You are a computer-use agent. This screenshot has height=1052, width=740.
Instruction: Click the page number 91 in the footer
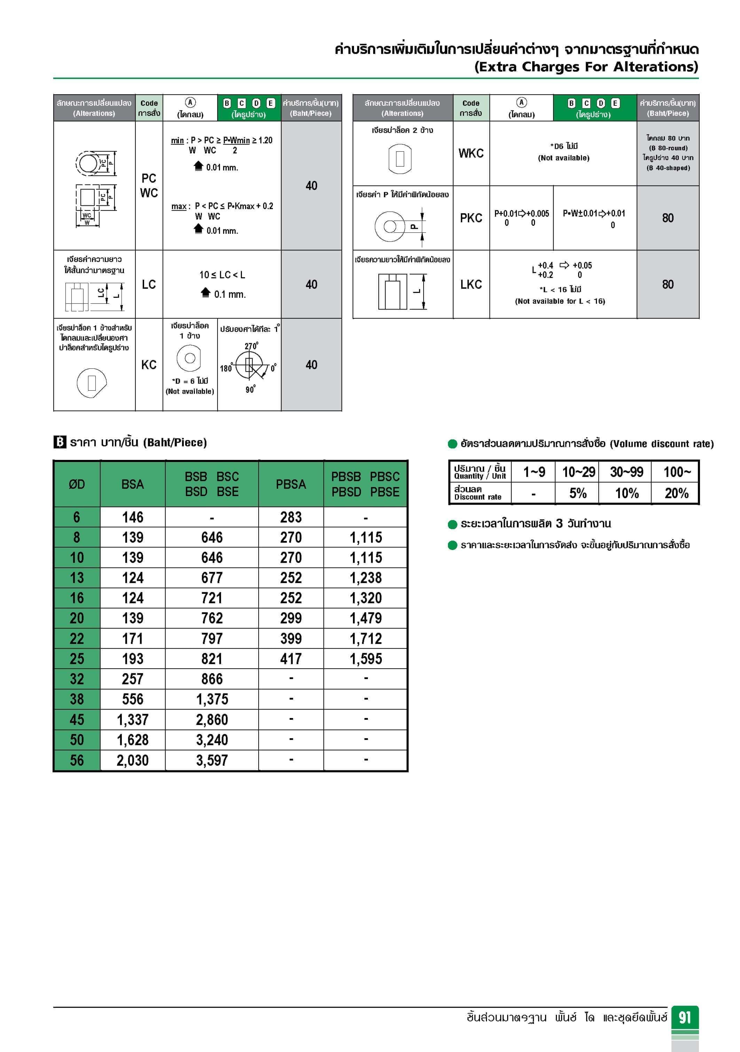[x=685, y=1017]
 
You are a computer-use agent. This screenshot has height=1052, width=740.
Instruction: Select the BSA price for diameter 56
[x=133, y=760]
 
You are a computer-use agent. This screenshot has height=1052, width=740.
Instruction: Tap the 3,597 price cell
[x=212, y=760]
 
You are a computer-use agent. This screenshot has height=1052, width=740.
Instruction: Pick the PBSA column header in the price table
[x=291, y=484]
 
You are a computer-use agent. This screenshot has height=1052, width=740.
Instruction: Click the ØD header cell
[x=77, y=484]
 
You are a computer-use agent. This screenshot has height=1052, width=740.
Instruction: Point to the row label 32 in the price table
[x=77, y=679]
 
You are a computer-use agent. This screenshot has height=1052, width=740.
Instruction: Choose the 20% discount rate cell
[x=676, y=493]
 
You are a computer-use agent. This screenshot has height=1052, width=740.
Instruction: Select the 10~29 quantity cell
[x=578, y=472]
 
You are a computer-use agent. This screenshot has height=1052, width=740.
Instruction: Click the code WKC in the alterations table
[x=471, y=153]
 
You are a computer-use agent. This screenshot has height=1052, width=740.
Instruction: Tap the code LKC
[x=471, y=285]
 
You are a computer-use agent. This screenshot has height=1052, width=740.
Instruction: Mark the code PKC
[x=471, y=218]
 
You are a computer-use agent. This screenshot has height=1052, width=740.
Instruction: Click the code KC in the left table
[x=149, y=365]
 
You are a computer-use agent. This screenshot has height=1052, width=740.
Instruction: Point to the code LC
[x=149, y=285]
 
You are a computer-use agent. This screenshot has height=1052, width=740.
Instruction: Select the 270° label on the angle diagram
[x=251, y=346]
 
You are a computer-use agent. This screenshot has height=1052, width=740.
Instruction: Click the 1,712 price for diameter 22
[x=365, y=638]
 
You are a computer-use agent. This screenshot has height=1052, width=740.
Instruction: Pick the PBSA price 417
[x=291, y=659]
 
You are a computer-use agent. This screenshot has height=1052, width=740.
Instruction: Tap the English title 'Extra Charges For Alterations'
[x=586, y=67]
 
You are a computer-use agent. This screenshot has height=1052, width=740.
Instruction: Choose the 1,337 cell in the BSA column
[x=133, y=719]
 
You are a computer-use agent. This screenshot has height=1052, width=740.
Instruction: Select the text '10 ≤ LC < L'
[x=222, y=275]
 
